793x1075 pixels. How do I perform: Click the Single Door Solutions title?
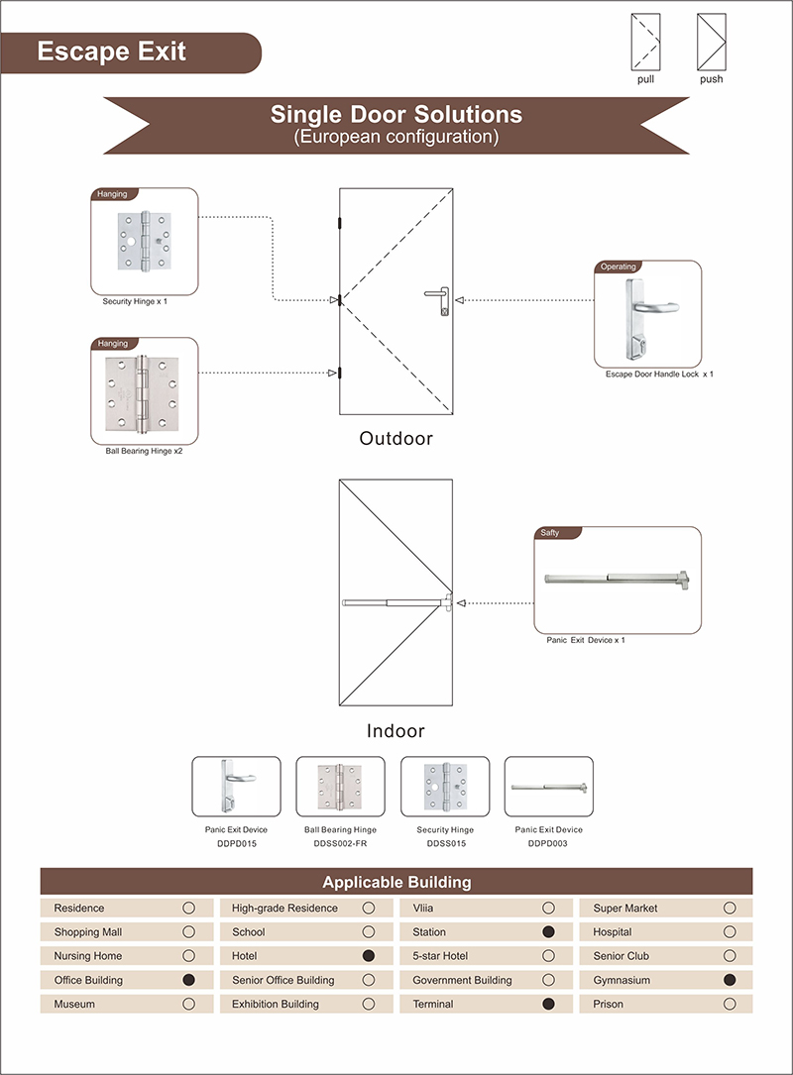click(396, 115)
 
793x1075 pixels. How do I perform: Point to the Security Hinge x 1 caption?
click(135, 301)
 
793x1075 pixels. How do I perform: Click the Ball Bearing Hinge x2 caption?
click(145, 451)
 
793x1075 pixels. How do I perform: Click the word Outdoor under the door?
click(396, 438)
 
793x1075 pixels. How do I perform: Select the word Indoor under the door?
click(396, 731)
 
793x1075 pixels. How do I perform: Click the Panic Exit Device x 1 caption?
click(586, 640)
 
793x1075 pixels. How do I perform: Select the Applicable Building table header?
click(396, 882)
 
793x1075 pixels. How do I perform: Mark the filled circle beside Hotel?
click(369, 956)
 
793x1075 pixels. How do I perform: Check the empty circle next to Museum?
click(188, 1004)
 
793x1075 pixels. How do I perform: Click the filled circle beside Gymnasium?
click(730, 980)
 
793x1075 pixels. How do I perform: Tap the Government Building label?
click(462, 980)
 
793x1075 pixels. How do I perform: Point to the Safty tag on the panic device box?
click(550, 532)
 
